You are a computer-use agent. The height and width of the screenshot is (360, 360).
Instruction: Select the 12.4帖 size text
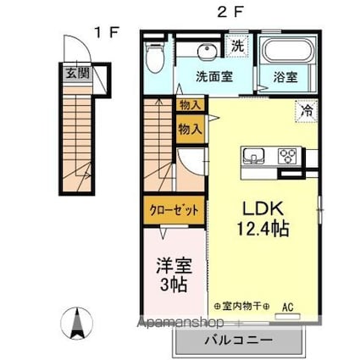pyautogui.click(x=264, y=230)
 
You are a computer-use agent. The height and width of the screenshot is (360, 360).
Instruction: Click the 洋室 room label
pyautogui.click(x=173, y=264)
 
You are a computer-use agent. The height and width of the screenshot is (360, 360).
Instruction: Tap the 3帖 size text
pyautogui.click(x=173, y=285)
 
